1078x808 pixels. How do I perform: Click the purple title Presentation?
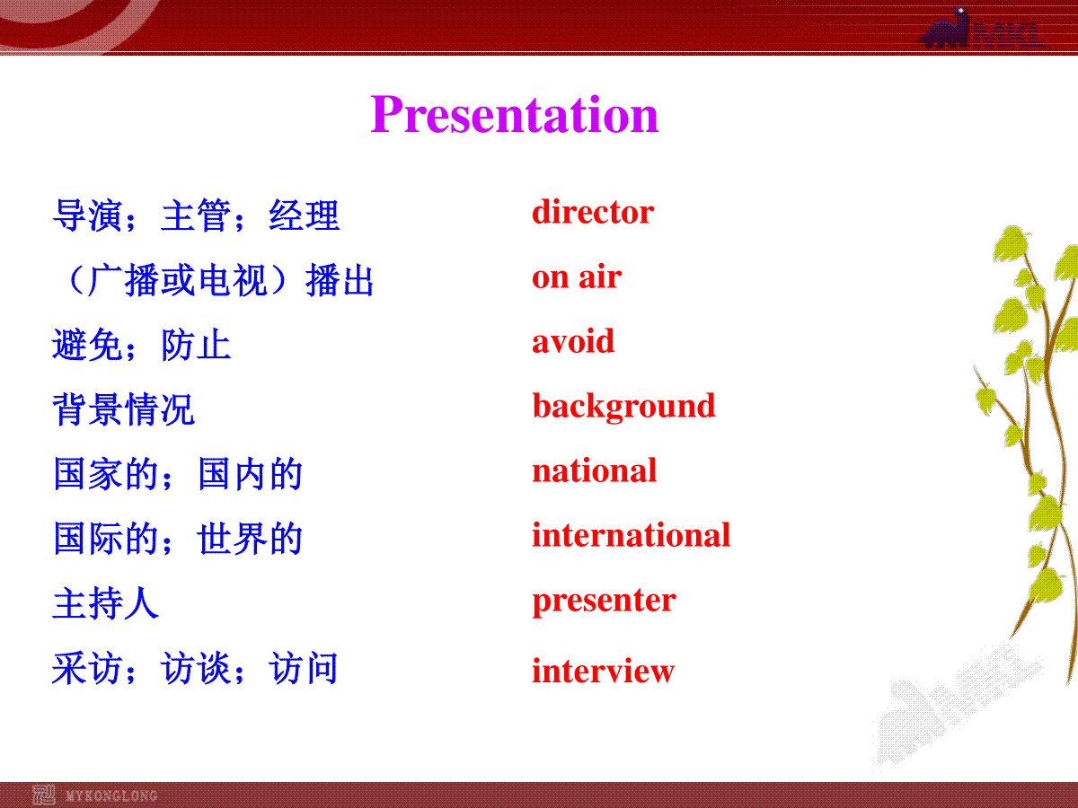[514, 115]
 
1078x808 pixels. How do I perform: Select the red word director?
[593, 212]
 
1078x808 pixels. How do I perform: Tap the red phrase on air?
[577, 277]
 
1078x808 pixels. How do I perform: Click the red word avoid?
[573, 341]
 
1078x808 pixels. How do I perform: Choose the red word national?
[595, 470]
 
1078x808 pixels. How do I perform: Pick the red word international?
[632, 535]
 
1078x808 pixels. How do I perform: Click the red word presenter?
[604, 602]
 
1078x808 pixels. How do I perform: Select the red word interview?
[603, 670]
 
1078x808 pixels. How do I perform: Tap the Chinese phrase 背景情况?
[123, 409]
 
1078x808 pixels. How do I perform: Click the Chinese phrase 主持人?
[106, 603]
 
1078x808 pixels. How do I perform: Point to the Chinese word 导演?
[87, 215]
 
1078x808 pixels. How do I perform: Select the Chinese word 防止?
[196, 345]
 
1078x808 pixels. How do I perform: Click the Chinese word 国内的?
[251, 473]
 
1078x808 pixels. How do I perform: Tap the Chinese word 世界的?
[251, 538]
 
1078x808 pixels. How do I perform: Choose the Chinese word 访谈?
[196, 668]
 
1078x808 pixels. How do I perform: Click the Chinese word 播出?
[340, 280]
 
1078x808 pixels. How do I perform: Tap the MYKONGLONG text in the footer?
[111, 795]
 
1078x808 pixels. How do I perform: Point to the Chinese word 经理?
[305, 215]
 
